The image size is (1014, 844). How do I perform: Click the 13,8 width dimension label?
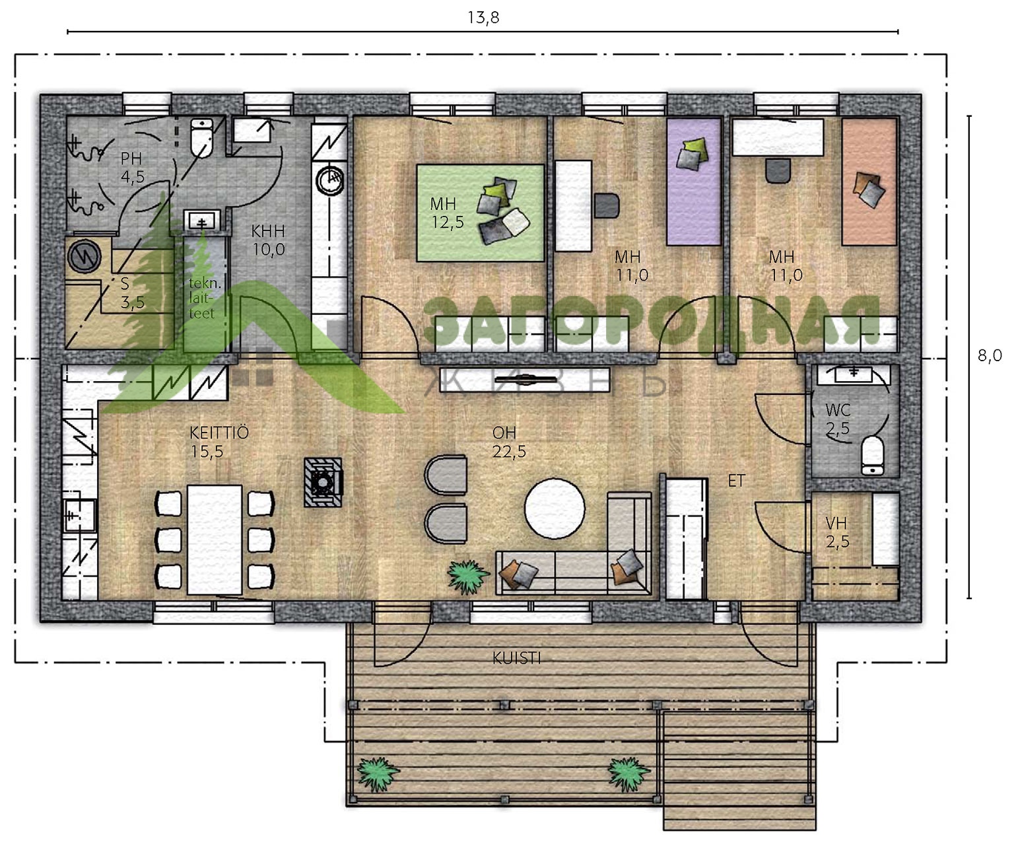[x=483, y=18]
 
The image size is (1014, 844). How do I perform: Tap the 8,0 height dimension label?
[x=989, y=356]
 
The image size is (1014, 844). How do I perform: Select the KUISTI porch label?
[x=516, y=658]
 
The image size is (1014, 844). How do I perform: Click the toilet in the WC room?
[x=872, y=455]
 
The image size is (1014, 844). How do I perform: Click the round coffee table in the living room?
[x=555, y=509]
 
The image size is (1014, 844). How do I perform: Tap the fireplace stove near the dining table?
[x=323, y=482]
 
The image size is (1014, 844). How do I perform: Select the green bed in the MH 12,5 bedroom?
[x=481, y=213]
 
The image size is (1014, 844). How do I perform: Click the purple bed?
[x=693, y=181]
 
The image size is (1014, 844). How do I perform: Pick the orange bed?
[x=869, y=181]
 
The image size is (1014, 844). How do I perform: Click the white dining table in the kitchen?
[x=215, y=540]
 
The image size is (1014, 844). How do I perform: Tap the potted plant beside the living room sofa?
[x=467, y=577]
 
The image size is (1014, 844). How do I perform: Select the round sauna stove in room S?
[x=84, y=256]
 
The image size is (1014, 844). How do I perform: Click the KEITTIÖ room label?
[x=219, y=433]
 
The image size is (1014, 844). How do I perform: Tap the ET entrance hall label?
[x=735, y=481]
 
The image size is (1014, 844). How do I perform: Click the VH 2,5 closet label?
[x=838, y=532]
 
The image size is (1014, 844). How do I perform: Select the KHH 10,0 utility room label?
[x=268, y=240]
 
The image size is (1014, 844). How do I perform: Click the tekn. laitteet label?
[x=205, y=298]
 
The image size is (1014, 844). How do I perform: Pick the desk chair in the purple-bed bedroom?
[x=607, y=205]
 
